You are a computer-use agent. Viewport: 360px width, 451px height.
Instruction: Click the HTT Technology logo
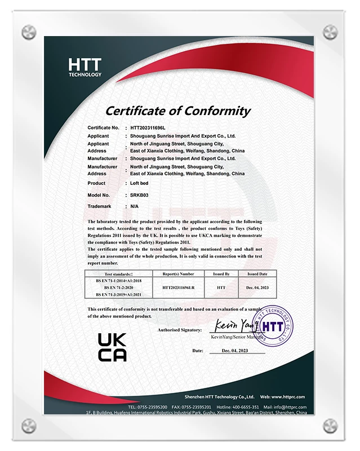[x=85, y=67]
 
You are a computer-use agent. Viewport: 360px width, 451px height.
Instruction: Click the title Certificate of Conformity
[x=178, y=110]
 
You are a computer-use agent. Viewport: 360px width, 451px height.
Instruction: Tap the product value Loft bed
[x=140, y=183]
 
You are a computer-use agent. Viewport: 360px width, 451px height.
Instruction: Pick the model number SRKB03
[x=139, y=195]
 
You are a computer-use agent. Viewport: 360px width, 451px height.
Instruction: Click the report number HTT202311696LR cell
[x=178, y=287]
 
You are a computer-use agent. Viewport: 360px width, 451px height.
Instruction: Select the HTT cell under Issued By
[x=221, y=287]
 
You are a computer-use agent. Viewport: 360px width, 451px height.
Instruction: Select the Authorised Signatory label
[x=180, y=330]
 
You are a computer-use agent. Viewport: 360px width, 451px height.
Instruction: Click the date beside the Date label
[x=235, y=351]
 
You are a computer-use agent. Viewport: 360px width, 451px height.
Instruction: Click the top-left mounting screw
[x=29, y=32]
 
